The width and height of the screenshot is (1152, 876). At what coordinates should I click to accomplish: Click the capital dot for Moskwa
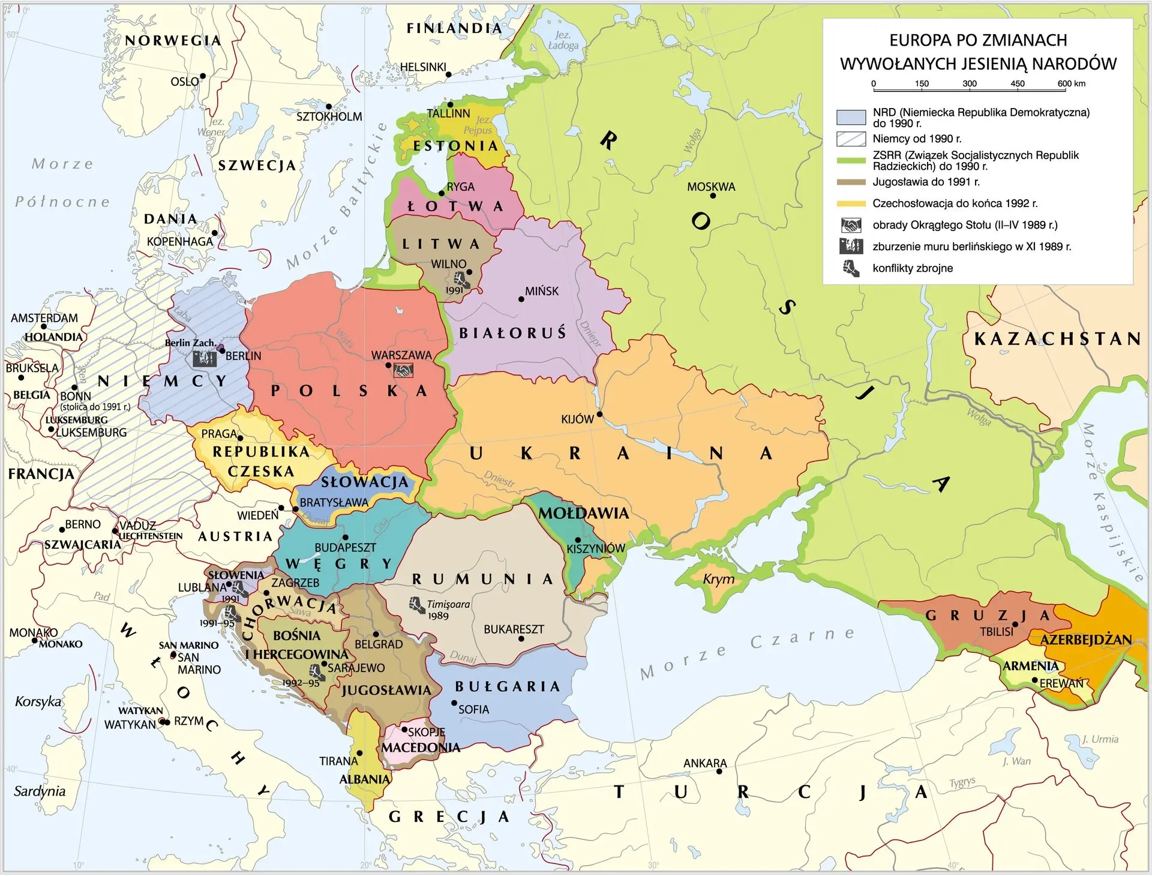click(713, 196)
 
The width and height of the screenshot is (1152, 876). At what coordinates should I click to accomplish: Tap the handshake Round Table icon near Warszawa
click(403, 371)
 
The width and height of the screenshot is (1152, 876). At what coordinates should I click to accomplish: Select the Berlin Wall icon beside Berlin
click(204, 359)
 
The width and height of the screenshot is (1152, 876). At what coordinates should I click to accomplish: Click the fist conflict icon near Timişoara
click(417, 605)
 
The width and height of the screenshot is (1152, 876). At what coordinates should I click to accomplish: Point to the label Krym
click(718, 579)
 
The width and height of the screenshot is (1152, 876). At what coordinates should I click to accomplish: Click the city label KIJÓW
click(577, 419)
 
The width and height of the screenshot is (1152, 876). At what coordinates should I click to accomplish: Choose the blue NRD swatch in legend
click(851, 117)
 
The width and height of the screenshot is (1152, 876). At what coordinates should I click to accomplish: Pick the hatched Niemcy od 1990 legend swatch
click(851, 139)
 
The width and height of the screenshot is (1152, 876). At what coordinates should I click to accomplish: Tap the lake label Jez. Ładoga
click(563, 40)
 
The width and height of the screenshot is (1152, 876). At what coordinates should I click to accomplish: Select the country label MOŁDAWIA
click(583, 514)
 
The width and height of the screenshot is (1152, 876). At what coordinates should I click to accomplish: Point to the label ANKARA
click(704, 764)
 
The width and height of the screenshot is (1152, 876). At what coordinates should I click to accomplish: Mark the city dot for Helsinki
click(449, 74)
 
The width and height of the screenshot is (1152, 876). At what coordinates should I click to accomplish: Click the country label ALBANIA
click(364, 779)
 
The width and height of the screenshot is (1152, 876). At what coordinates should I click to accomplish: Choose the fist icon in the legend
click(851, 269)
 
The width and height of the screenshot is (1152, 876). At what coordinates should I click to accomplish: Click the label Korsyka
click(38, 701)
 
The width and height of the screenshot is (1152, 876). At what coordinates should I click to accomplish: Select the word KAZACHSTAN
click(1057, 339)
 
